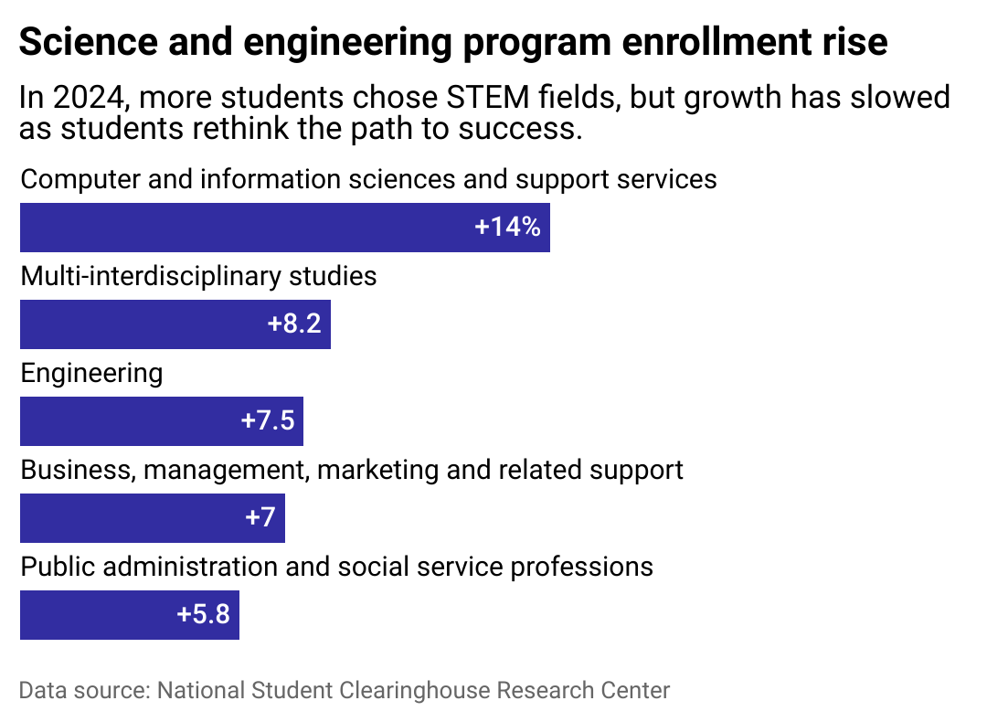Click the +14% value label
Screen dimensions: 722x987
click(507, 228)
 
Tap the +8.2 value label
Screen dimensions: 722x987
click(294, 324)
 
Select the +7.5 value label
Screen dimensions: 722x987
click(267, 421)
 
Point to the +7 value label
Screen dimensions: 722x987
click(260, 518)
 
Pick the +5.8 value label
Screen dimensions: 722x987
click(203, 615)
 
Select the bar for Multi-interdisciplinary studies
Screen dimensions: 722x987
click(137, 324)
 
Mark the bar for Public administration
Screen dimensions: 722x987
click(91, 615)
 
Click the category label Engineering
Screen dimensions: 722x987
click(91, 373)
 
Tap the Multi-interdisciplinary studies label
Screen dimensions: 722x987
click(198, 276)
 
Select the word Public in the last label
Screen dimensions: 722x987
click(57, 567)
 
